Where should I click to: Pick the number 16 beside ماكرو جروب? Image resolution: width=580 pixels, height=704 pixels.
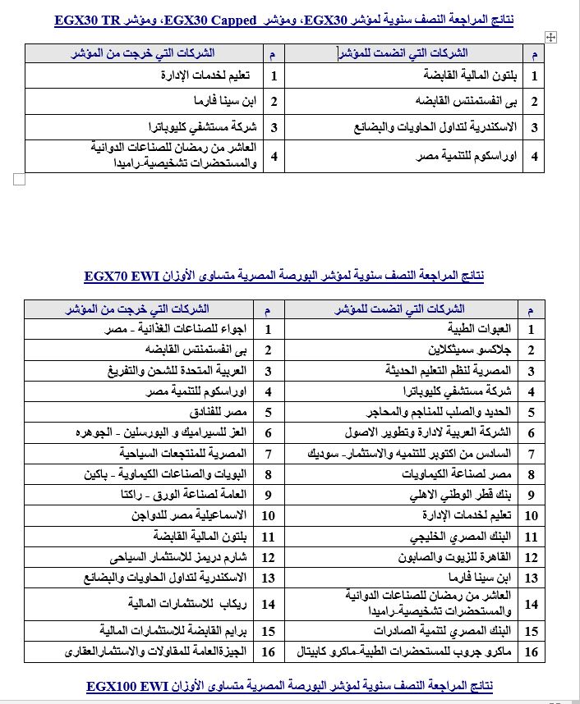(531, 651)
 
